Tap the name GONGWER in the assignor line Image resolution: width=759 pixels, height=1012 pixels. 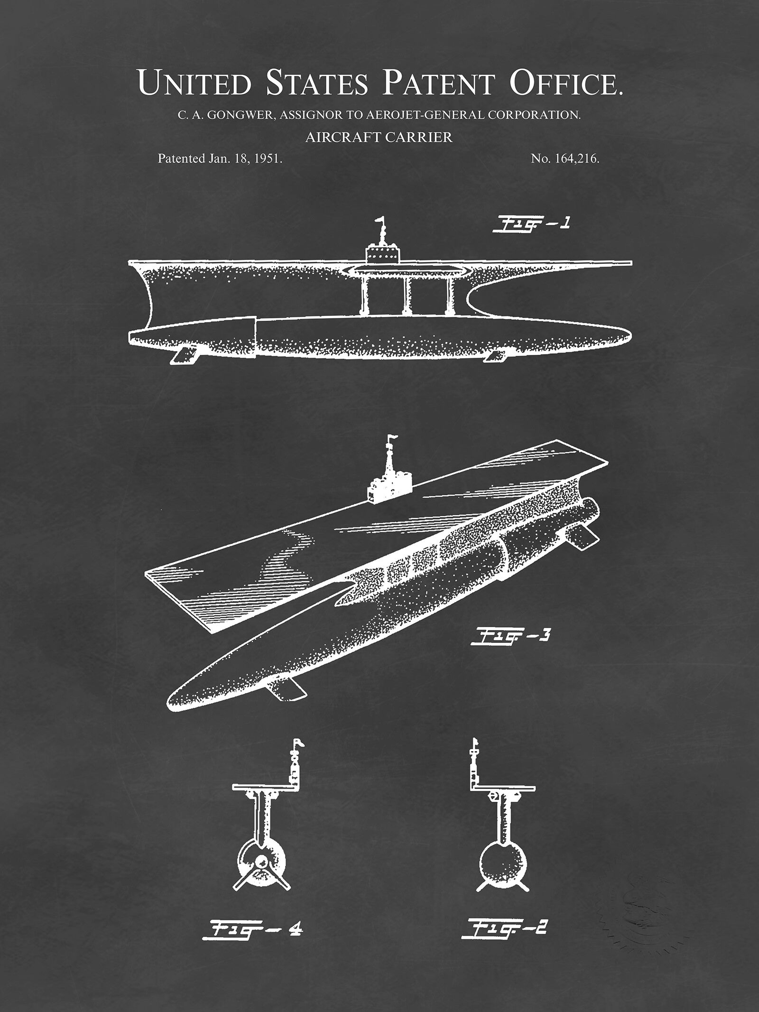tap(241, 115)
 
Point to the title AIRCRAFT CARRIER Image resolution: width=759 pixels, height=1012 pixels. tap(379, 138)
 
